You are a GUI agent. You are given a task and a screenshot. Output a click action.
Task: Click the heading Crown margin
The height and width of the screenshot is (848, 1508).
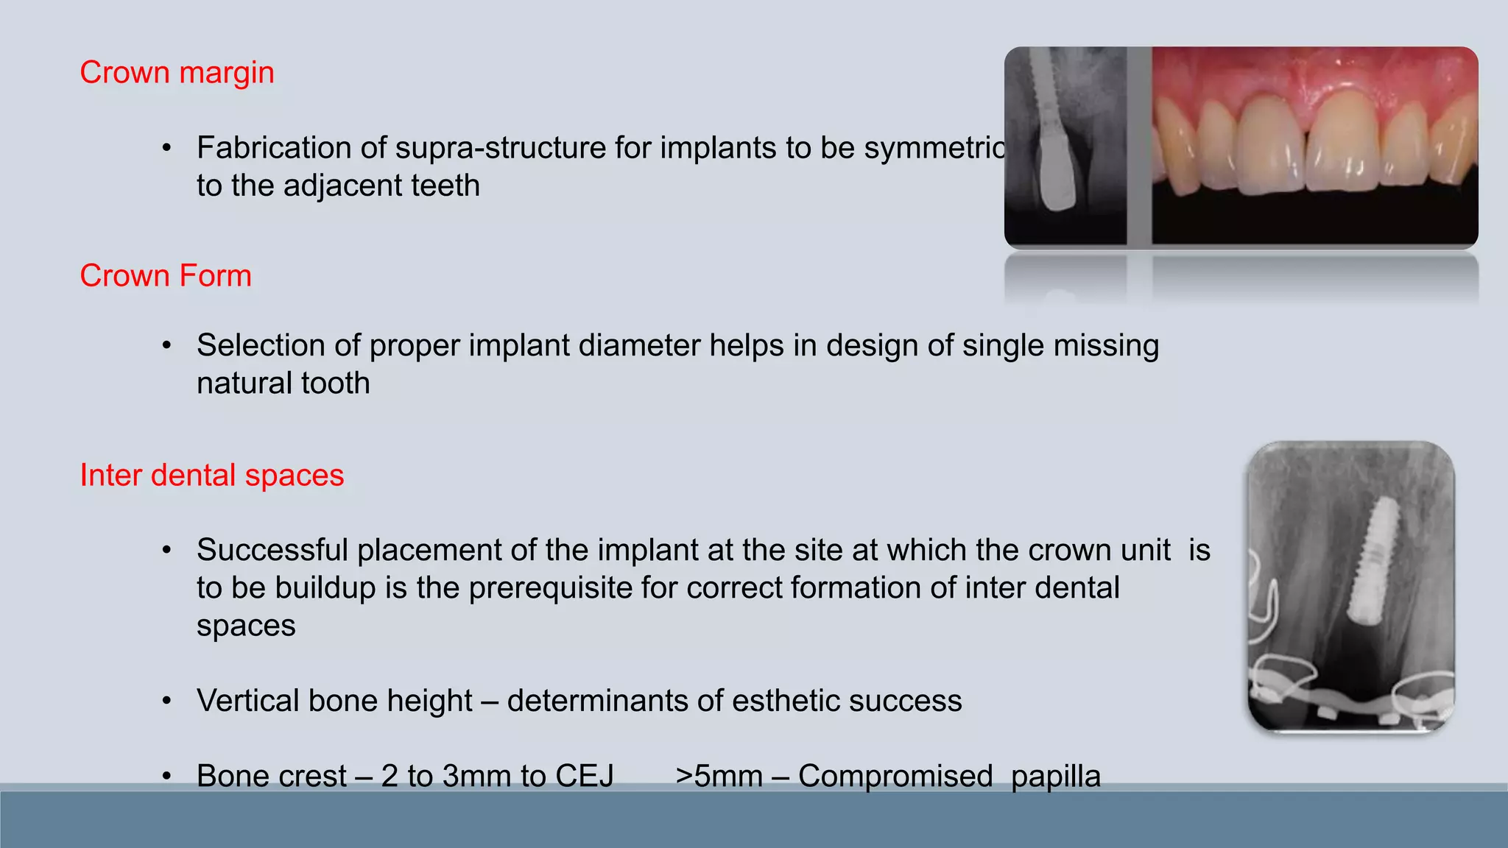pos(177,73)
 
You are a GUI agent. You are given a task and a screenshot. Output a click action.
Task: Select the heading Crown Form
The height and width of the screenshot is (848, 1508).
pos(166,276)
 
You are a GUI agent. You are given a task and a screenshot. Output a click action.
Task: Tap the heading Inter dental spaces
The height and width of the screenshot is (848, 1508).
pos(211,476)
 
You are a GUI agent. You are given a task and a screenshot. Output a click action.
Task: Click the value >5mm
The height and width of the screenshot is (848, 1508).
pos(719,776)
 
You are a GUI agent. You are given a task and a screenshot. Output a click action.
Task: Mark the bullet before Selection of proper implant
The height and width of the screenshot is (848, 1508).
pos(167,345)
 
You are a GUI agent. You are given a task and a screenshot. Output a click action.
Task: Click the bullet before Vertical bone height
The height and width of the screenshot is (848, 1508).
pos(167,701)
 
